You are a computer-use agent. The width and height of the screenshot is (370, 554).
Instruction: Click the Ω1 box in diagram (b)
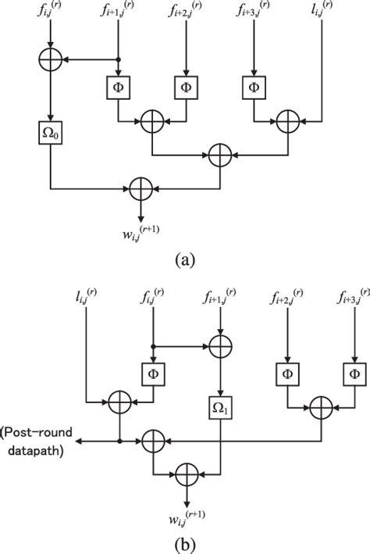pos(221,407)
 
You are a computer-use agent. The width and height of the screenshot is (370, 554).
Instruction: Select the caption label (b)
pos(185,541)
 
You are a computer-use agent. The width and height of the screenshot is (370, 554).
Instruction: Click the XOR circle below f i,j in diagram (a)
pos(50,59)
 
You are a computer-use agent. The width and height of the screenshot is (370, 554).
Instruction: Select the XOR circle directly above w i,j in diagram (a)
pos(141,188)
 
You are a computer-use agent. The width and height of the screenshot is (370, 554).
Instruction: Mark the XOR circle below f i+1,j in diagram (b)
pos(221,344)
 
